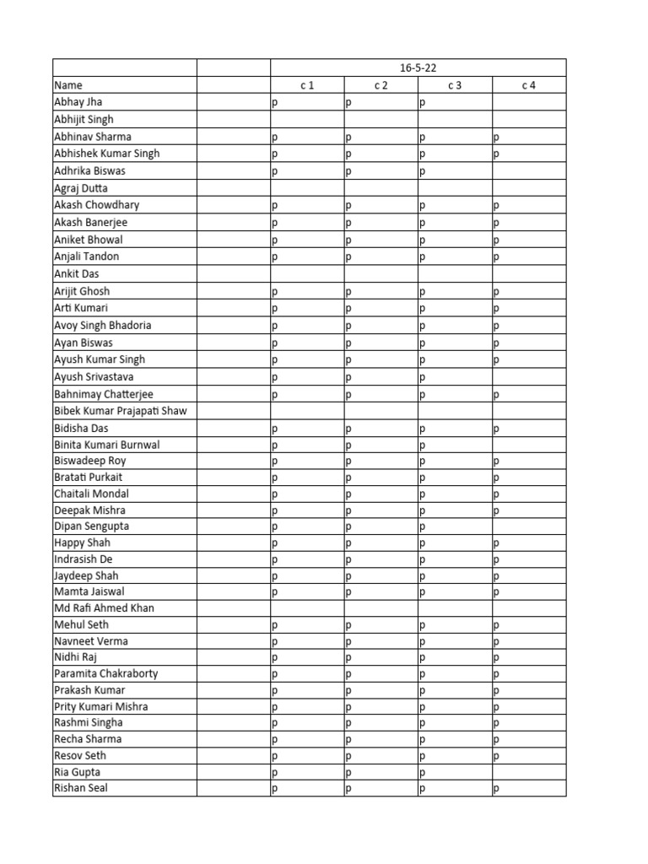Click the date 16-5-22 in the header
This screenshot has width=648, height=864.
click(418, 67)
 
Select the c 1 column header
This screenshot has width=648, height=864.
click(307, 85)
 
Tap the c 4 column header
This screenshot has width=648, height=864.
click(529, 85)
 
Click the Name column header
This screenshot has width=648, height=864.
click(68, 85)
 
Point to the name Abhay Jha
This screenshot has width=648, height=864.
click(78, 102)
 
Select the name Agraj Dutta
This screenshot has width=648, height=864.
click(81, 188)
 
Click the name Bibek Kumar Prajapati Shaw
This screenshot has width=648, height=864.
click(120, 411)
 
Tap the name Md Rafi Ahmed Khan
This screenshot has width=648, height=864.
click(104, 608)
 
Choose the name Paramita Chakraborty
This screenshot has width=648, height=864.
click(105, 674)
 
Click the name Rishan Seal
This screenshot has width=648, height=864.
click(80, 788)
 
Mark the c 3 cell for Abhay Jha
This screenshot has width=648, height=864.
click(455, 102)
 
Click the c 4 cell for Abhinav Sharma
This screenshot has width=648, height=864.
click(529, 137)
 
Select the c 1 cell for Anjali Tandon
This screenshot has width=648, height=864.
click(307, 256)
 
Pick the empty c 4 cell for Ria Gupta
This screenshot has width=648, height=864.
click(529, 772)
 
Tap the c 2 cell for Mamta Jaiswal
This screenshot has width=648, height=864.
click(381, 592)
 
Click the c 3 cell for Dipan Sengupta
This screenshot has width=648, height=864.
click(455, 526)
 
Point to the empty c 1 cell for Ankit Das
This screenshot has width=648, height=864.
click(307, 274)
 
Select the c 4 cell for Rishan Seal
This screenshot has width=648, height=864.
click(529, 788)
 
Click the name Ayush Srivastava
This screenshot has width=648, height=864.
click(94, 377)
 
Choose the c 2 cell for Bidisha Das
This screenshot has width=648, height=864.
click(381, 429)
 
